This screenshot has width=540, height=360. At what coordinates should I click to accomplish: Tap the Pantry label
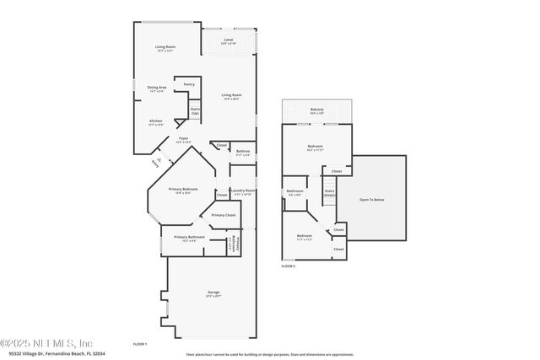coord(189,84)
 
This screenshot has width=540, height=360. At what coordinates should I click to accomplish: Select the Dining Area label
coord(157,89)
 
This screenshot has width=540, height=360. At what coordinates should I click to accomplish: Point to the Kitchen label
coord(156,122)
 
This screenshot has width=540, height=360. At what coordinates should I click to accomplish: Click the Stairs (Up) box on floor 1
coord(195,110)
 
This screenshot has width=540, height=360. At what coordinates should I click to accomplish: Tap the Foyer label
coord(183,140)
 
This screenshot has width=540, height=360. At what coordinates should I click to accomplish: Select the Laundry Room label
coord(243,192)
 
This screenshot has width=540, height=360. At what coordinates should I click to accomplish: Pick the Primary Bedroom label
coord(183,191)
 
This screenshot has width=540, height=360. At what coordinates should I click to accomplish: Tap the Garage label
coord(213,294)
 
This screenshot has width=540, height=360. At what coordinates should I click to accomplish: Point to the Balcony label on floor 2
coord(316,110)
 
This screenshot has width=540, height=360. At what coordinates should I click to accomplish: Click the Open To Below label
coord(372,200)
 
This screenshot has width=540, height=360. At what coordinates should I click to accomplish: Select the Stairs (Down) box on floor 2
coord(330,192)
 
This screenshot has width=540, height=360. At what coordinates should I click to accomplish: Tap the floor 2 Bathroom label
coord(294,192)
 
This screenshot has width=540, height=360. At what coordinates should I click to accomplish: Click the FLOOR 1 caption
coord(140,344)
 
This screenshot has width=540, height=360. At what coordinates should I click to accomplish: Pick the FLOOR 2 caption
coord(289,266)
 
